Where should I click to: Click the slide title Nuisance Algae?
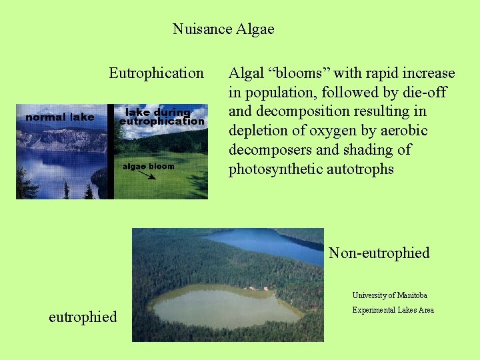223,29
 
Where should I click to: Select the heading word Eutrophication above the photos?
156,73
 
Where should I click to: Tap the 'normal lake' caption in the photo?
59,117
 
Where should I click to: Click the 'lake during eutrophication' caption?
161,117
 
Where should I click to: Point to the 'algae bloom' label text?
147,165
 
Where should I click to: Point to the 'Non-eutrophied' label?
379,253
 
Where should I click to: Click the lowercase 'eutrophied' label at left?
83,317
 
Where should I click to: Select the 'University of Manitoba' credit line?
390,295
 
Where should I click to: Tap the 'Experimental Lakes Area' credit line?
393,310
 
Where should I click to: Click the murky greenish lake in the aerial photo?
223,307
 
